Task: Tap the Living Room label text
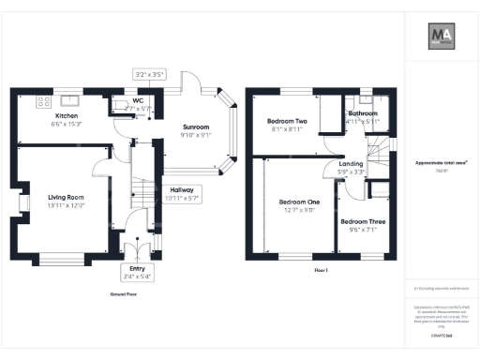click(x=67, y=201)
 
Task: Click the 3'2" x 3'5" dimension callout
click(x=149, y=72)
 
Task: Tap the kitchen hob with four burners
click(x=43, y=99)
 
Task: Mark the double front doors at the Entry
click(x=138, y=252)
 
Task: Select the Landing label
click(x=351, y=167)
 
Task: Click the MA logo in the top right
click(x=442, y=37)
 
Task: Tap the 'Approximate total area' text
click(x=442, y=162)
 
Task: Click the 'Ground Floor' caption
click(x=125, y=293)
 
